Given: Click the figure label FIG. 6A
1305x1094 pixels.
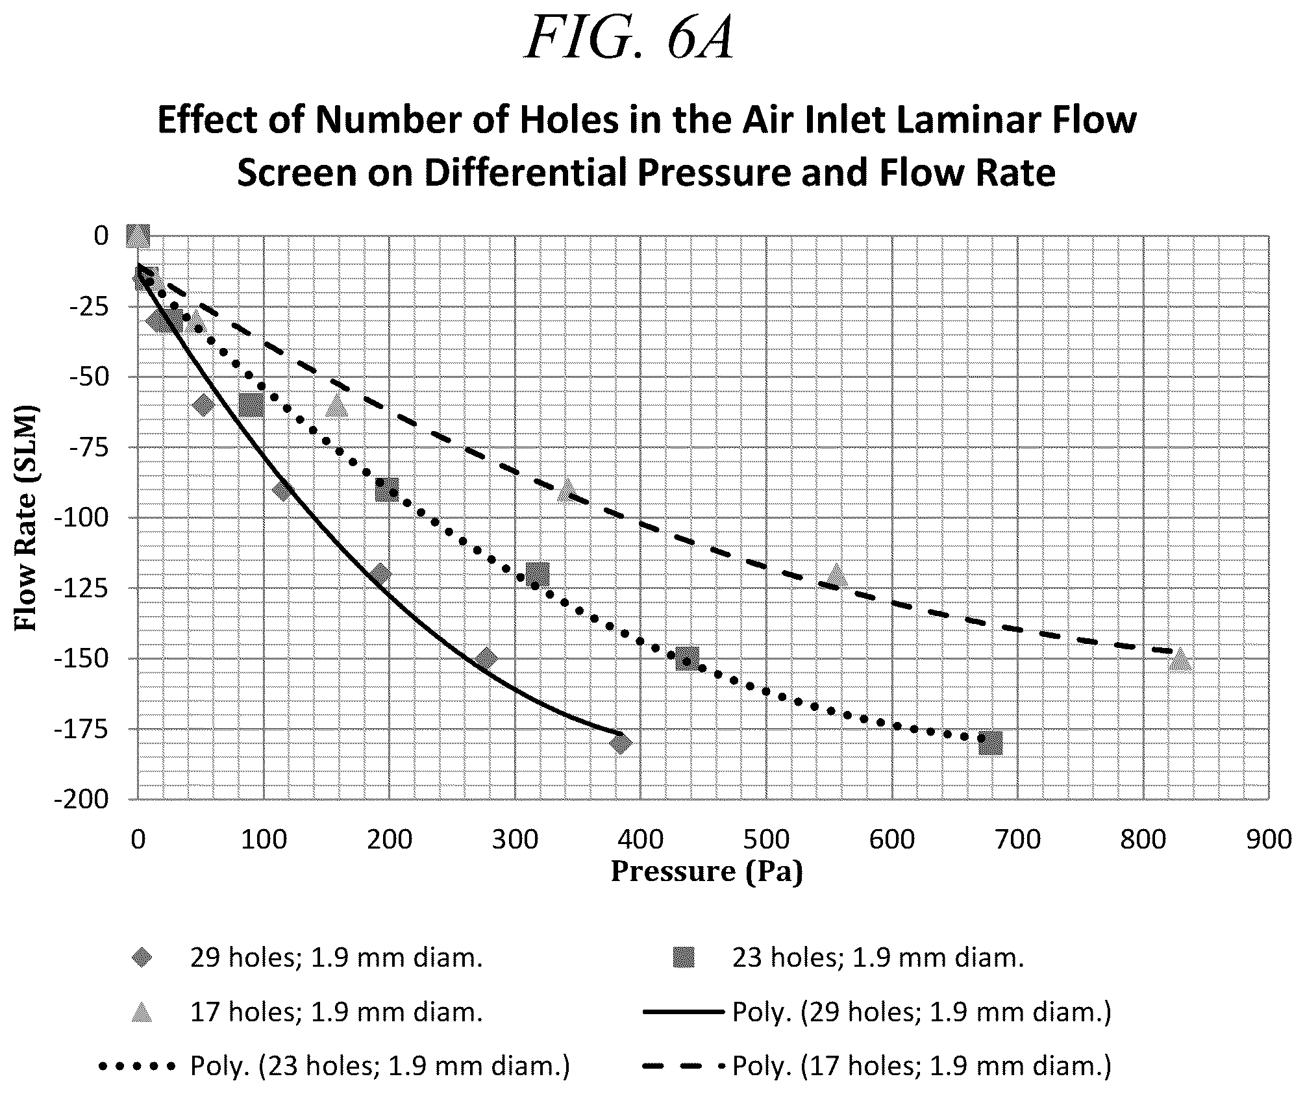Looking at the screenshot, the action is click(x=629, y=38).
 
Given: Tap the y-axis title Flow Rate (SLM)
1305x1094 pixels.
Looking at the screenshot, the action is click(x=26, y=518).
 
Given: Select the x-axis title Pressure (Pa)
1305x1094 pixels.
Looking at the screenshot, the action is click(x=707, y=871).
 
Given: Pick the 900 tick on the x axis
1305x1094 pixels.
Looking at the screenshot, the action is click(x=1268, y=839).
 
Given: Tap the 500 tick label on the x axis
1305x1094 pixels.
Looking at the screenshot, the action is click(x=766, y=839).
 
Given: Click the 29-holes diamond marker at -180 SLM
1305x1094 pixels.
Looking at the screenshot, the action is click(x=620, y=743).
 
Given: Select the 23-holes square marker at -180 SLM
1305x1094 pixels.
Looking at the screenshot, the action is click(x=990, y=743).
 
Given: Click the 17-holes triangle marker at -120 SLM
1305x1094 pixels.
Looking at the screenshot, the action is click(x=837, y=575).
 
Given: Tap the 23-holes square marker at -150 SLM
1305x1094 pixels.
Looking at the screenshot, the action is click(x=687, y=659).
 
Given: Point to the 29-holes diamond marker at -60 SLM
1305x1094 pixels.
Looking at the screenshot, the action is click(x=204, y=405).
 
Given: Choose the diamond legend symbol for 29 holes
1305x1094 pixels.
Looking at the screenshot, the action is click(x=142, y=958).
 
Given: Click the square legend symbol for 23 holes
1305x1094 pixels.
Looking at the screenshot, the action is click(x=684, y=958).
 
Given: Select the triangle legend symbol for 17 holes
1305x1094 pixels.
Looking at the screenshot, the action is click(x=142, y=1012).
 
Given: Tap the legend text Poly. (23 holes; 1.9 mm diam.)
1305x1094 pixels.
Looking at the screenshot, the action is click(x=380, y=1066).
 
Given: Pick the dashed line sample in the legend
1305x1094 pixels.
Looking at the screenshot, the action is click(x=683, y=1066).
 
